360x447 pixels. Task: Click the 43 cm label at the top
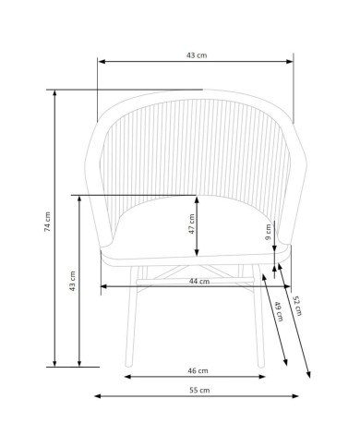pos(197,55)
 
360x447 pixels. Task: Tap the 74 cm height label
pos(47,222)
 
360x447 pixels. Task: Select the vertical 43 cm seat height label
pos(72,281)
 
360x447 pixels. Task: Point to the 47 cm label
pos(192,223)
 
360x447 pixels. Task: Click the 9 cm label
pos(269,232)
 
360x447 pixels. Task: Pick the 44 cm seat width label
pos(199,281)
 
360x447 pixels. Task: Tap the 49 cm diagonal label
pos(279,311)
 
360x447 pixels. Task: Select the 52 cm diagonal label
pos(297,306)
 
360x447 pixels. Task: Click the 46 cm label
pos(198,370)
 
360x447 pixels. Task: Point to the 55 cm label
pos(199,391)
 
